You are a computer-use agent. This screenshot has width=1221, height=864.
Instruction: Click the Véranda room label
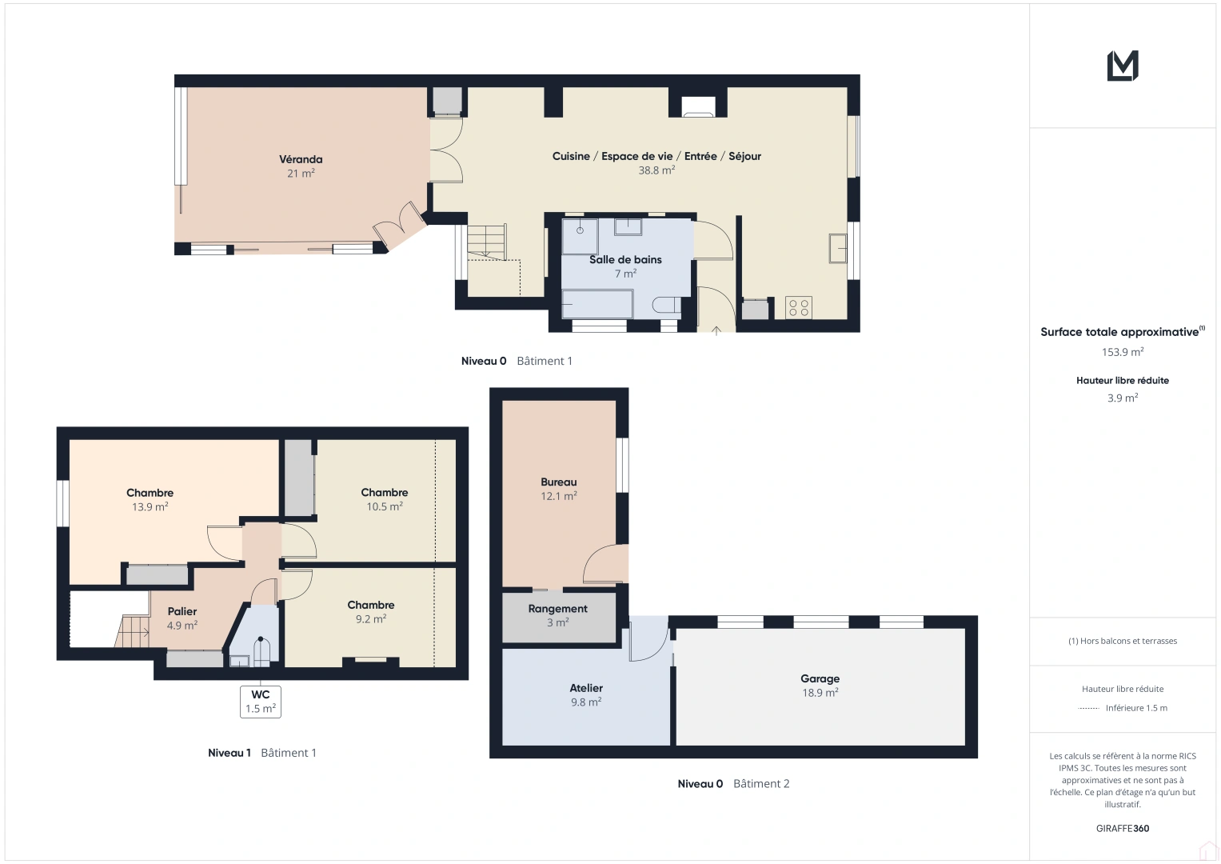click(x=301, y=159)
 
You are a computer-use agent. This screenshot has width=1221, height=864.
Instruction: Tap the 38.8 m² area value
click(x=656, y=170)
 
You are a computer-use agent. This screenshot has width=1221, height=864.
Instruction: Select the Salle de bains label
click(x=625, y=260)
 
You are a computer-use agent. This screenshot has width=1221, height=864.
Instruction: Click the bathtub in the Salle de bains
click(x=597, y=305)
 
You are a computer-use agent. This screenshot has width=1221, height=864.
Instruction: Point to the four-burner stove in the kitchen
click(x=798, y=308)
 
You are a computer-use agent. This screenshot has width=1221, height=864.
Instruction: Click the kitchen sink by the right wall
click(x=837, y=248)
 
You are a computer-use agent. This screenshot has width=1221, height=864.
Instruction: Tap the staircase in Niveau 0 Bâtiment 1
click(x=487, y=242)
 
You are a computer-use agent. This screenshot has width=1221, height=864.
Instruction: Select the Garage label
click(x=820, y=678)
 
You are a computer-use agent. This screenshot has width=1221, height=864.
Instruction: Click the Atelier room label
click(x=586, y=688)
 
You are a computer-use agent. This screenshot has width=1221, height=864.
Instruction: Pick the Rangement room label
click(x=557, y=609)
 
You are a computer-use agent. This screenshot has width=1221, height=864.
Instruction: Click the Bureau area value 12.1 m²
click(x=559, y=496)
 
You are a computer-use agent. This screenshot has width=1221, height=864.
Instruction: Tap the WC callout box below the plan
click(x=261, y=702)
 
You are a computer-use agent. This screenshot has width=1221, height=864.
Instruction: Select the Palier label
click(x=182, y=611)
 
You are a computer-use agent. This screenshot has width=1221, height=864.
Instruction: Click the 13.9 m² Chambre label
click(x=150, y=493)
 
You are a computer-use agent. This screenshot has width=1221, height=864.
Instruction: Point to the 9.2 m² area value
click(x=371, y=619)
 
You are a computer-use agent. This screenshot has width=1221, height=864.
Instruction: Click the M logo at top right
click(x=1123, y=66)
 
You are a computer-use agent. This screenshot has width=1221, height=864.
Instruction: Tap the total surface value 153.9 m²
click(x=1123, y=352)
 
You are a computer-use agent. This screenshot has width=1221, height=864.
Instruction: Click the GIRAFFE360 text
click(x=1123, y=829)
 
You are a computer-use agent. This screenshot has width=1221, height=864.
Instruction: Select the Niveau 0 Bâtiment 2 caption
click(x=733, y=784)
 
